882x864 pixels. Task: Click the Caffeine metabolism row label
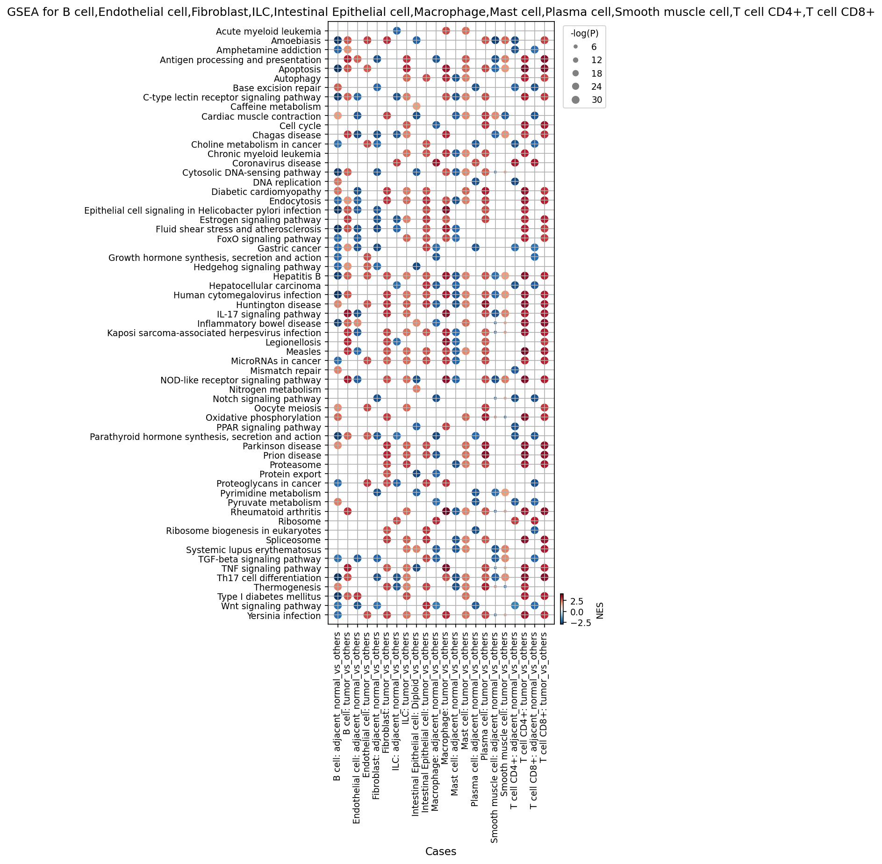coord(275,107)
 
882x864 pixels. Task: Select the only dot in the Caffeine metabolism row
coord(416,107)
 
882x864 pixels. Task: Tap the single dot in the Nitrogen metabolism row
coord(416,389)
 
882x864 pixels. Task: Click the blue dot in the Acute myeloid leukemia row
coord(396,31)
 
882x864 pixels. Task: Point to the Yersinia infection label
coord(284,616)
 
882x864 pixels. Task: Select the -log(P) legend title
coord(584,33)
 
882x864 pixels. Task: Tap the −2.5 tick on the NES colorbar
coord(580,623)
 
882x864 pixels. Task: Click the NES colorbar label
coord(600,611)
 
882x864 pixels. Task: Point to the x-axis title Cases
coord(441,852)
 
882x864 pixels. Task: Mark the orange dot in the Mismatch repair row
coord(337,370)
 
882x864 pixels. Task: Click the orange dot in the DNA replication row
coord(337,182)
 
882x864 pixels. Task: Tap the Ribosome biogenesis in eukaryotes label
coord(244,531)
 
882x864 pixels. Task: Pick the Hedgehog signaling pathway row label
coord(258,267)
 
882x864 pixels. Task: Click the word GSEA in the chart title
coord(21,13)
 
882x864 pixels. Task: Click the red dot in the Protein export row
coord(387,474)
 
